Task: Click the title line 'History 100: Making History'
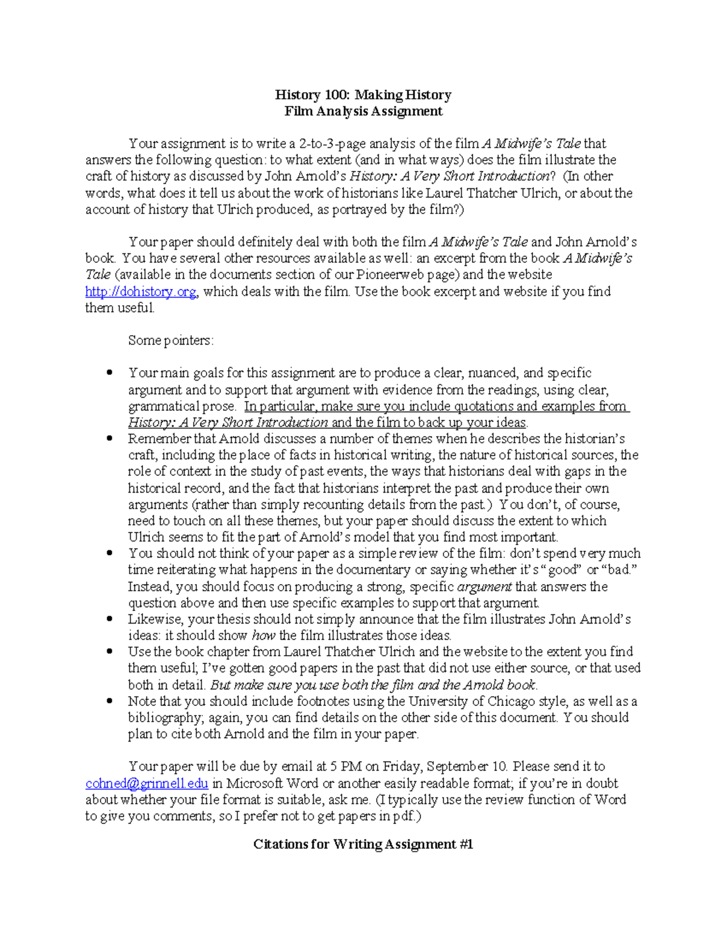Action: click(x=363, y=95)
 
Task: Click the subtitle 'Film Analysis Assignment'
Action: click(x=363, y=111)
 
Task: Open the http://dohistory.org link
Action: click(x=141, y=291)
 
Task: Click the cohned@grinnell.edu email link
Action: click(x=147, y=783)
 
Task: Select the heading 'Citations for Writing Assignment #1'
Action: click(x=363, y=844)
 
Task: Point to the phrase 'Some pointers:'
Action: click(x=171, y=341)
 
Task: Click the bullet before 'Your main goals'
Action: click(x=110, y=373)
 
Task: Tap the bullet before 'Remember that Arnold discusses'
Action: click(x=110, y=439)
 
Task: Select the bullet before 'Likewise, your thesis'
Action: click(x=110, y=619)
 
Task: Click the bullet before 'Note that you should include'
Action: click(x=110, y=701)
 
